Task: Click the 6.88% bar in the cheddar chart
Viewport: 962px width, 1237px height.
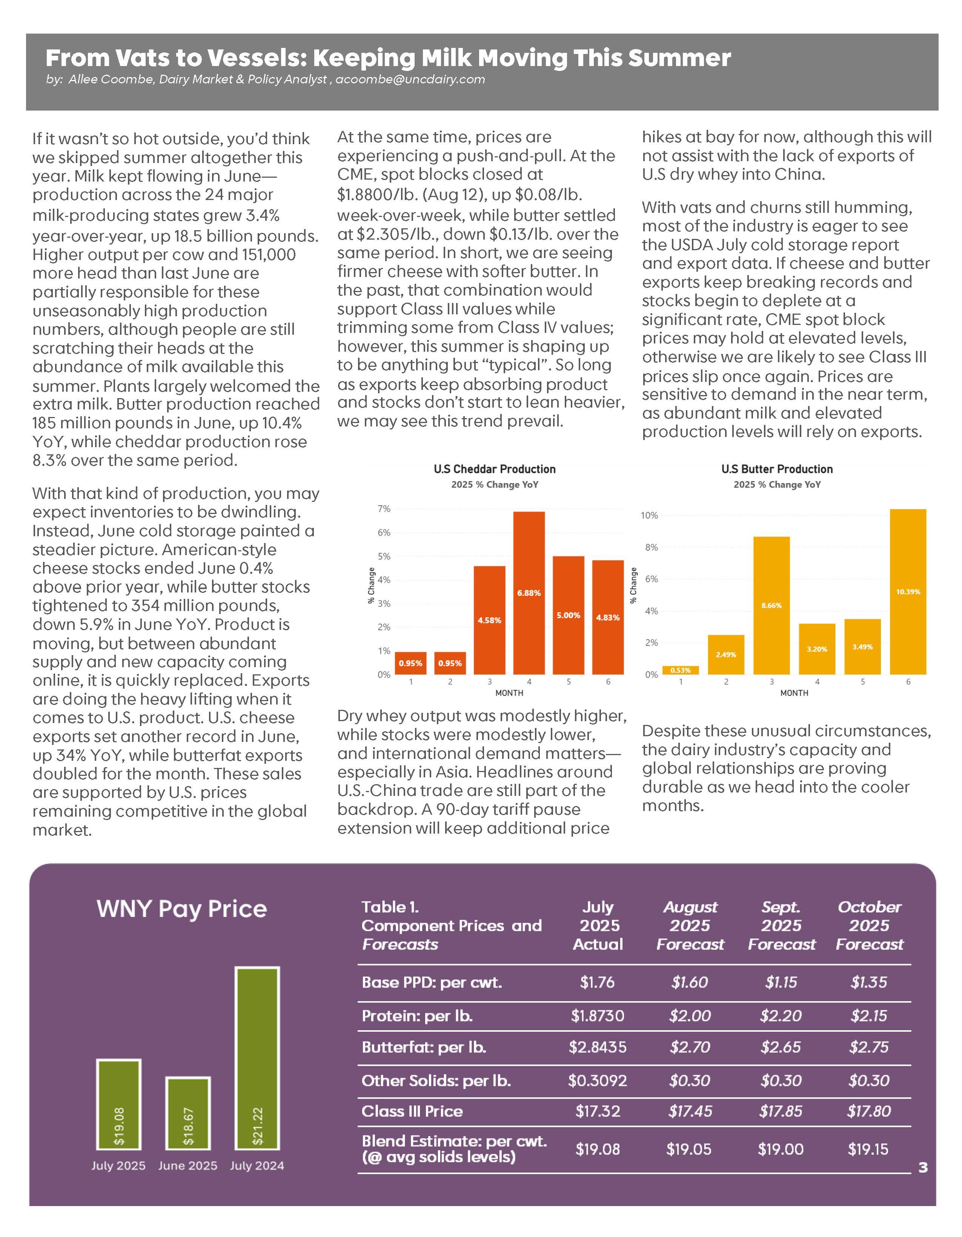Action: click(529, 592)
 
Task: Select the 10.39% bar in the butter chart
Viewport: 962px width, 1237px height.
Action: click(908, 591)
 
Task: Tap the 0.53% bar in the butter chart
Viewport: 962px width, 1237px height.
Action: click(680, 670)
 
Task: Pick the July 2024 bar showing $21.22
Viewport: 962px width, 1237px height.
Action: click(257, 1059)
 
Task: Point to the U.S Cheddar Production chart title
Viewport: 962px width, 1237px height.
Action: click(494, 469)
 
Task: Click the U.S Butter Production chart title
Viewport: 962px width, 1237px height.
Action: click(777, 469)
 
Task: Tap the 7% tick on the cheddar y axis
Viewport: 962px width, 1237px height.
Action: click(384, 509)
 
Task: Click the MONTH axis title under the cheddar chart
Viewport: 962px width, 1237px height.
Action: click(509, 693)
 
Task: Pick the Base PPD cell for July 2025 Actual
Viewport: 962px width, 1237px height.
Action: click(597, 982)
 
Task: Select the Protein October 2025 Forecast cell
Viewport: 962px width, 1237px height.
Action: click(868, 1015)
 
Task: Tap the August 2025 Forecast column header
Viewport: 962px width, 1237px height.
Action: click(690, 925)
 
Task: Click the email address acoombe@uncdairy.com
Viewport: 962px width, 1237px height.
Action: click(410, 79)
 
